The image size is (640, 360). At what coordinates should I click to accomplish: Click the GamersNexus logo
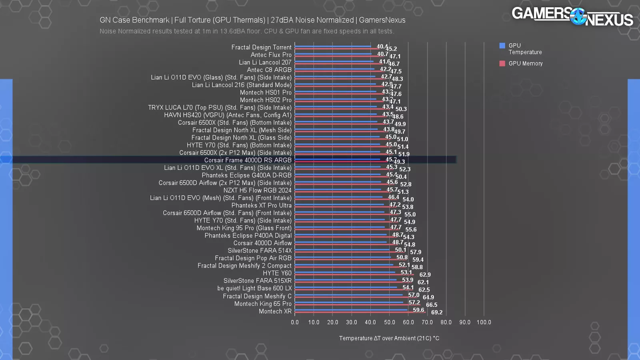[572, 16]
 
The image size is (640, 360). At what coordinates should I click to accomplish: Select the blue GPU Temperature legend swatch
[502, 46]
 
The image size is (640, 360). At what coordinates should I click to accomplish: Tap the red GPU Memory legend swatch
[502, 64]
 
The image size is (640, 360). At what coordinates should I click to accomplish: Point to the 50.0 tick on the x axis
[389, 322]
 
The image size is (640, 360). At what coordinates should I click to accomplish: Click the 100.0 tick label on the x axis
[484, 322]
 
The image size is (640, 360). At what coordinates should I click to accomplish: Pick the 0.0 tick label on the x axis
[295, 322]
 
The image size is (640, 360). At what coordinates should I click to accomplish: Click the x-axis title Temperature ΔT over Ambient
[389, 338]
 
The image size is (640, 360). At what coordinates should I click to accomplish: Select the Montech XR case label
[275, 312]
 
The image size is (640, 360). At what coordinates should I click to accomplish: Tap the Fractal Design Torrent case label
[261, 47]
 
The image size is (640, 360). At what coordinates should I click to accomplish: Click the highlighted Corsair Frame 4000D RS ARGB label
[248, 160]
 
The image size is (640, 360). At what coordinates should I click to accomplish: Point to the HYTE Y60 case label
[277, 273]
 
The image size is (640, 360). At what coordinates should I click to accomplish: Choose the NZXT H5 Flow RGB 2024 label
[257, 190]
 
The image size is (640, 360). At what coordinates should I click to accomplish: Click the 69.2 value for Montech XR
[436, 312]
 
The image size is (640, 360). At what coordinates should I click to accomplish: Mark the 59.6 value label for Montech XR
[418, 310]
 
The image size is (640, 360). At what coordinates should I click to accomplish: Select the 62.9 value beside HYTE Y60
[425, 275]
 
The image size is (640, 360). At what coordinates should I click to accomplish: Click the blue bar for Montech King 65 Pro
[348, 302]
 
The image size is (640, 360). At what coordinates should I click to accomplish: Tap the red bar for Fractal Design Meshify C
[352, 297]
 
